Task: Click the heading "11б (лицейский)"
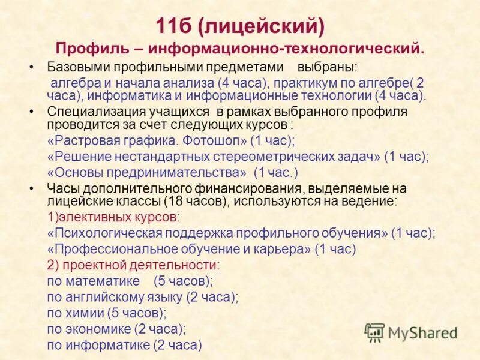[x=240, y=26]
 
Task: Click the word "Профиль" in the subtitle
[x=88, y=48]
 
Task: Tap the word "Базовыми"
[x=75, y=67]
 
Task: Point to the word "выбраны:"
[x=328, y=67]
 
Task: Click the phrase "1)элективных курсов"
[x=113, y=216]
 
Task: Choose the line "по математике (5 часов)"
[x=129, y=281]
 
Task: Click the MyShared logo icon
[x=374, y=331]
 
